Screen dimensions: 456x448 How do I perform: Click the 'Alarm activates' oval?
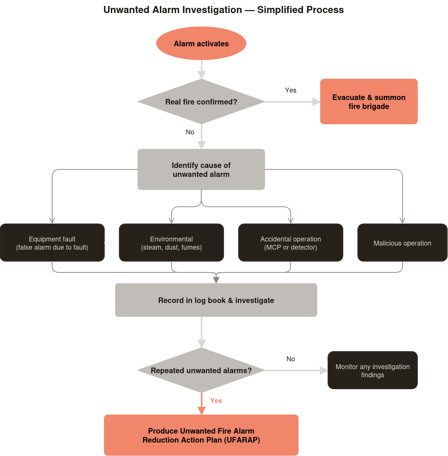point(201,43)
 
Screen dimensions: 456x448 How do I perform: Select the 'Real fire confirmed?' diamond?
point(201,101)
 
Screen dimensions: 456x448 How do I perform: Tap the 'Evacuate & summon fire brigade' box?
point(369,101)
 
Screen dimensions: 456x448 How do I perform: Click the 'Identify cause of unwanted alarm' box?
point(201,169)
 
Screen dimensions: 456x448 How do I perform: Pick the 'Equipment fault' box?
point(52,243)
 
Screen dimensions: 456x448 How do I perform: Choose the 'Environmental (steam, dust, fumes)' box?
point(171,243)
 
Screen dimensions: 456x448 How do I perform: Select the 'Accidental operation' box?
point(291,243)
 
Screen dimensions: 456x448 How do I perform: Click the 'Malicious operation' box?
point(402,243)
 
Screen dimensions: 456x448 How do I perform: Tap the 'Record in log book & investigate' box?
point(216,300)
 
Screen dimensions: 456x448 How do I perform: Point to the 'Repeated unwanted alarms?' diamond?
point(201,370)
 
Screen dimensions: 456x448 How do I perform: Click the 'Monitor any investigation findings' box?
point(372,370)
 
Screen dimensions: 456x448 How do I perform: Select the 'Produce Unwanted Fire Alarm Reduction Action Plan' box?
point(201,435)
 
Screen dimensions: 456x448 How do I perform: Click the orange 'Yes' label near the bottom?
point(216,400)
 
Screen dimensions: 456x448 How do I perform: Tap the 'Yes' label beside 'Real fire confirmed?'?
point(291,90)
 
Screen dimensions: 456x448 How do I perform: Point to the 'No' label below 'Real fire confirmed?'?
point(190,132)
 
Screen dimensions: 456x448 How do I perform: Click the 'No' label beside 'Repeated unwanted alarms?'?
point(291,359)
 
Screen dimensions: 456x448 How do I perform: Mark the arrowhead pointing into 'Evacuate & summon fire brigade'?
point(316,101)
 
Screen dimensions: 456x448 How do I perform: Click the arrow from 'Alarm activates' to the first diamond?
point(202,69)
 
